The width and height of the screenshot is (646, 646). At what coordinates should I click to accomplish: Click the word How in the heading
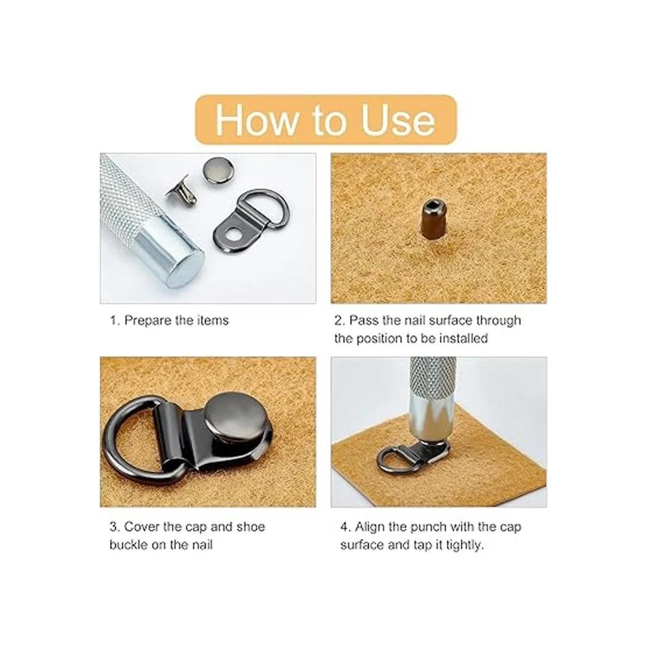pyautogui.click(x=256, y=120)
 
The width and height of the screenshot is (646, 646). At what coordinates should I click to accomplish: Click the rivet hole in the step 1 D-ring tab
pyautogui.click(x=233, y=236)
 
